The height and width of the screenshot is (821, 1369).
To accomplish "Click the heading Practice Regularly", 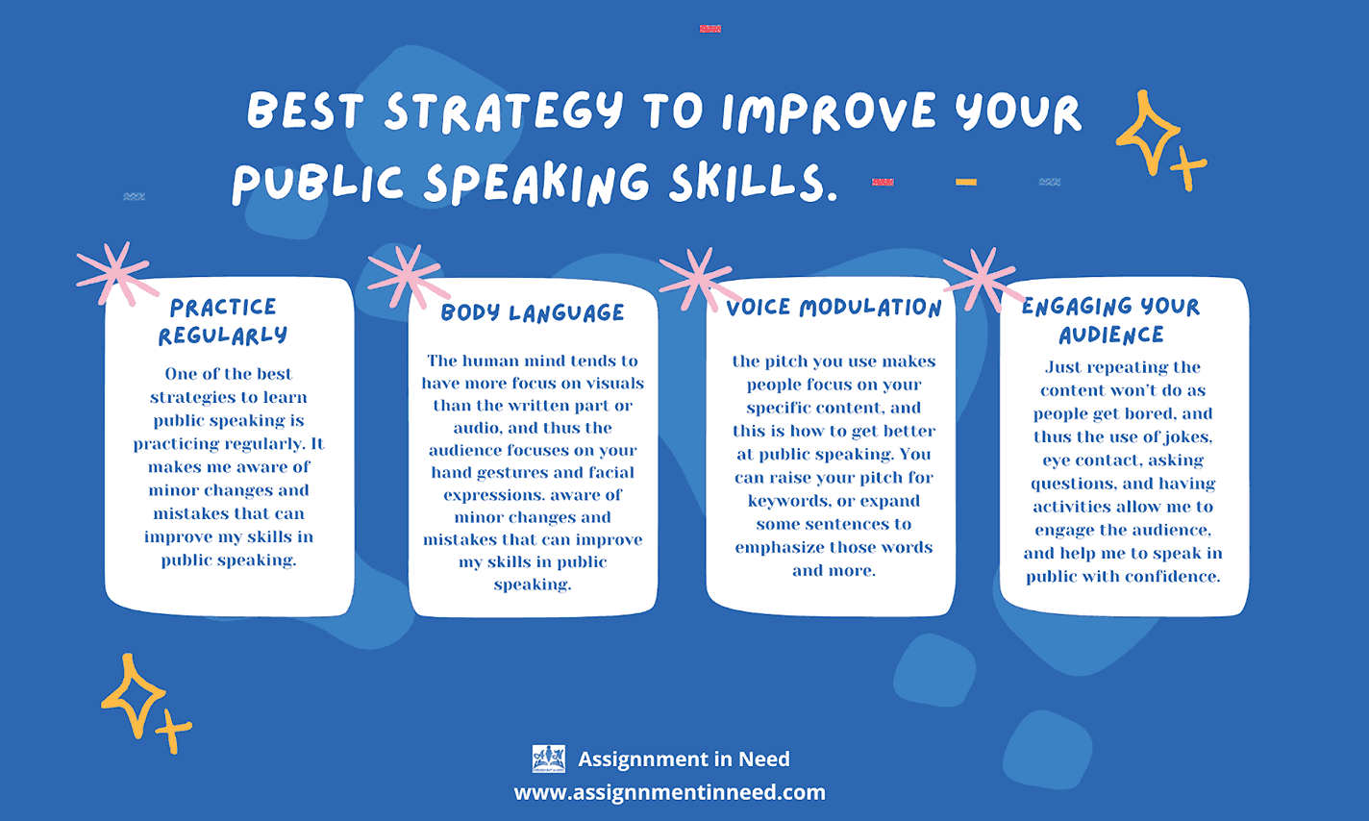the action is [222, 321].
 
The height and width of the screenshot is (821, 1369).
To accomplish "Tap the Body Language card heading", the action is [533, 312].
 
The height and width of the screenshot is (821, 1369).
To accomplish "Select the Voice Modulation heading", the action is [834, 308].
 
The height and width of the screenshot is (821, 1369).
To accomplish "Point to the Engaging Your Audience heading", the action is [1111, 320].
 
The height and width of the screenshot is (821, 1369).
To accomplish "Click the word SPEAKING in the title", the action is [536, 183].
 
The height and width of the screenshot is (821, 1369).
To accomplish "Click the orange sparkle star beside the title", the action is [1159, 140].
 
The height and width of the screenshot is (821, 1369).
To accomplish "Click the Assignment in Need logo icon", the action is [548, 759].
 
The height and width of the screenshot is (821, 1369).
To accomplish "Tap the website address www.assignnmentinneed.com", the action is [670, 792].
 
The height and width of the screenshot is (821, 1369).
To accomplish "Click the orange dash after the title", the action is [966, 182].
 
